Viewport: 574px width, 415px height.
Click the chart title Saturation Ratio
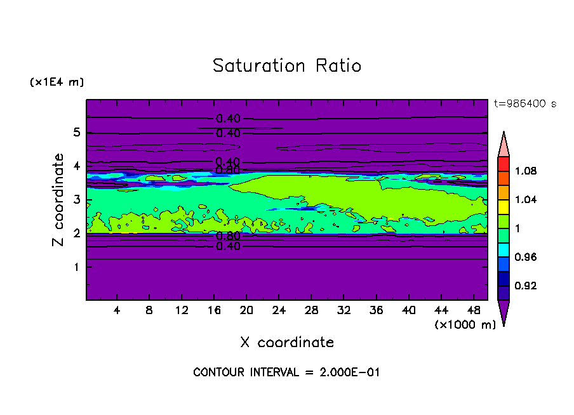[x=286, y=66]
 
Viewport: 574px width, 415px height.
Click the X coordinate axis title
[x=287, y=343]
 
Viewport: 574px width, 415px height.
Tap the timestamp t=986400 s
[x=524, y=103]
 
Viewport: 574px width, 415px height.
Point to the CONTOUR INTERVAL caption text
[x=286, y=372]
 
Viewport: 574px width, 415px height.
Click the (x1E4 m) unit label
[x=57, y=82]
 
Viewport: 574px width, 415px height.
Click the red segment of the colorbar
[x=503, y=163]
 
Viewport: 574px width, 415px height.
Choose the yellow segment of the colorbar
[x=503, y=206]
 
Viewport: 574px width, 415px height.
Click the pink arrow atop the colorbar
[x=503, y=144]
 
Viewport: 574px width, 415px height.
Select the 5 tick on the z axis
[x=77, y=133]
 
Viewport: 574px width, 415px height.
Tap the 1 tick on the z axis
[x=77, y=267]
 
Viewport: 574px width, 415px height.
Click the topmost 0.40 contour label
[x=228, y=119]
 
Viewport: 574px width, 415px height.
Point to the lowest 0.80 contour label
[x=228, y=236]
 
